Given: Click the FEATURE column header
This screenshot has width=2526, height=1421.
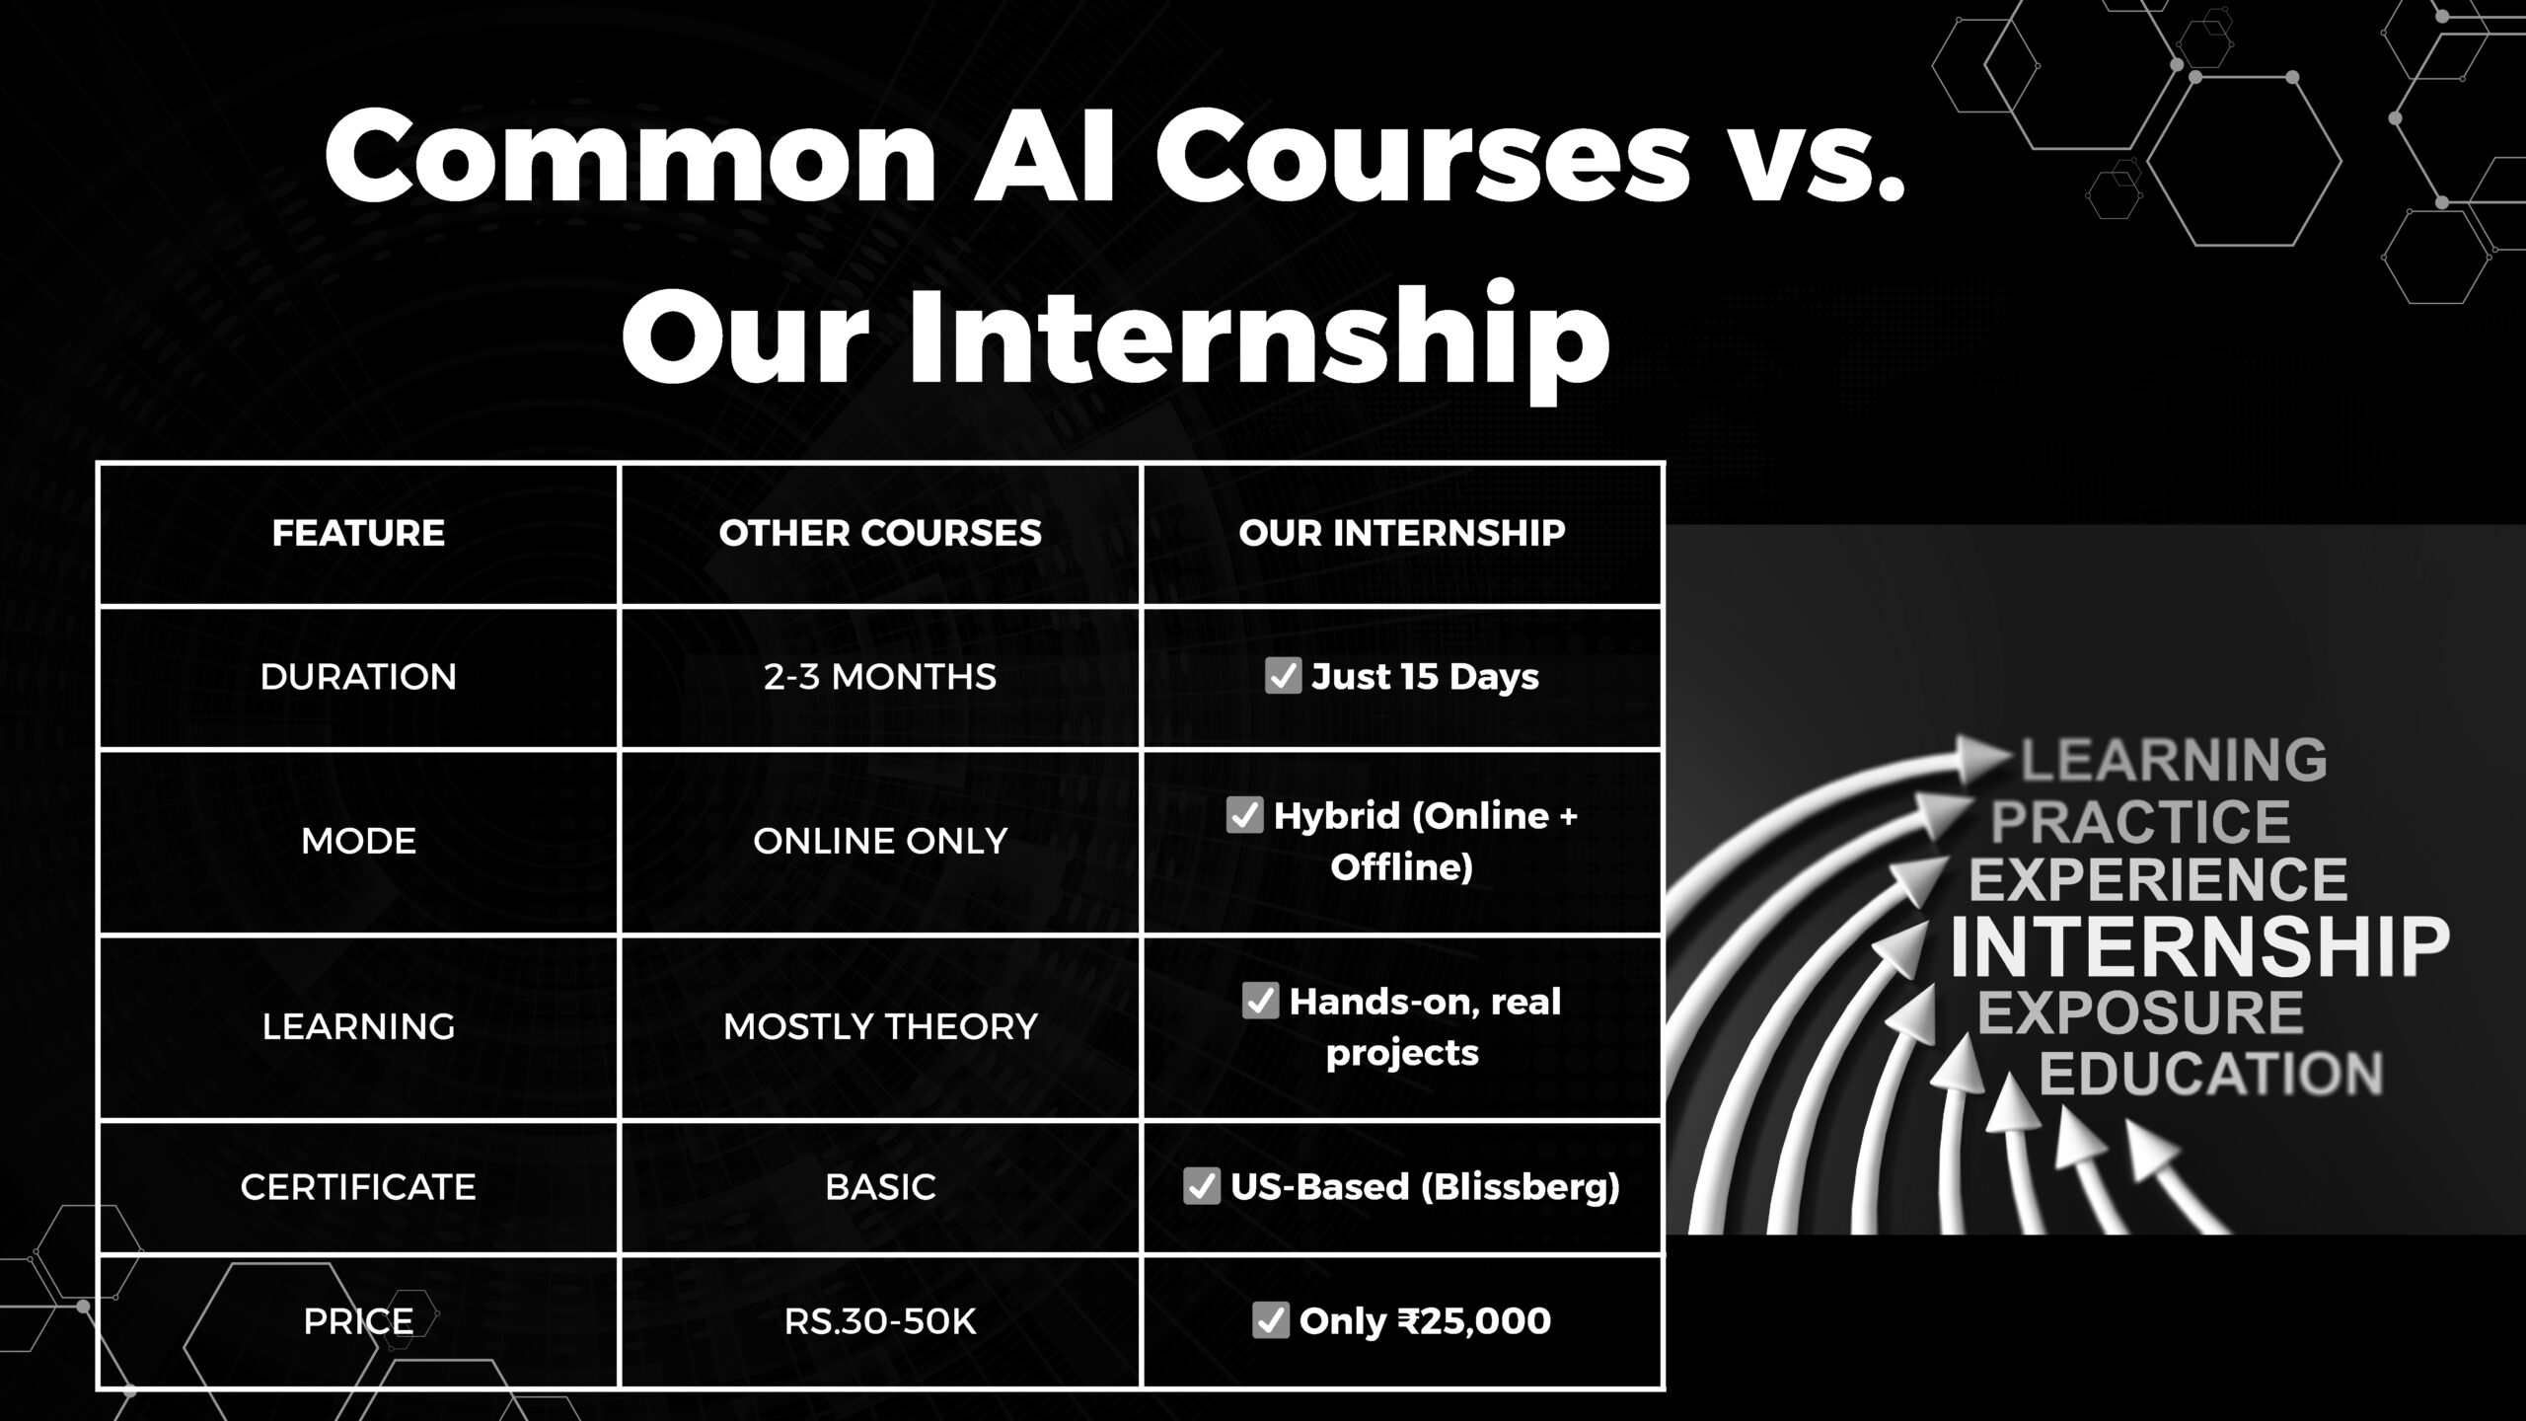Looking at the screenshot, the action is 358,533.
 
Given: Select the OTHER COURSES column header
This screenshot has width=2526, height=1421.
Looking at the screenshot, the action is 880,533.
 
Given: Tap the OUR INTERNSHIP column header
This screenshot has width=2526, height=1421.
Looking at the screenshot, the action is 1402,533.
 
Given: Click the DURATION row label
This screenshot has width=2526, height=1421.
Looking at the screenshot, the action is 358,677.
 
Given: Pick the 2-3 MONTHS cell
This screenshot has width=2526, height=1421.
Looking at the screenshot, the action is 880,677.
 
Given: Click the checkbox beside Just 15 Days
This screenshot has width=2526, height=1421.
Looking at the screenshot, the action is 1283,676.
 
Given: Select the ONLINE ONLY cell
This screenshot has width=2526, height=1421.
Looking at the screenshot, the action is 880,841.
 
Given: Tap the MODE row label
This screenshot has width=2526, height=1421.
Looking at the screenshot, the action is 358,841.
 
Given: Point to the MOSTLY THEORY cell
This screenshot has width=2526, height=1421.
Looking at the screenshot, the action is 880,1026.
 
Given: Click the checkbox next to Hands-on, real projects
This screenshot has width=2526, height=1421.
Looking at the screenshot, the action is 1260,1001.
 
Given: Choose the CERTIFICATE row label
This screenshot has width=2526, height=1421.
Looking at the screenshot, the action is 358,1186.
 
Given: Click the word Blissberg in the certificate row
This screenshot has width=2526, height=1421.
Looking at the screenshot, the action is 1521,1186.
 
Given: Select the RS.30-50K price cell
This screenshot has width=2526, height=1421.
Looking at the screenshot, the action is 880,1320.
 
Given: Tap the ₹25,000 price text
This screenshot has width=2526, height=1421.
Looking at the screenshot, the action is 1474,1320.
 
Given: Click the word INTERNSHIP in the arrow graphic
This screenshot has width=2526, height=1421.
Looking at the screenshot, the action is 2199,945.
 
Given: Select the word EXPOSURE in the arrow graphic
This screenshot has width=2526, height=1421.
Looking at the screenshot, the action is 2140,1012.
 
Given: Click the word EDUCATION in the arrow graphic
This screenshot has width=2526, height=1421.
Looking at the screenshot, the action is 2211,1074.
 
